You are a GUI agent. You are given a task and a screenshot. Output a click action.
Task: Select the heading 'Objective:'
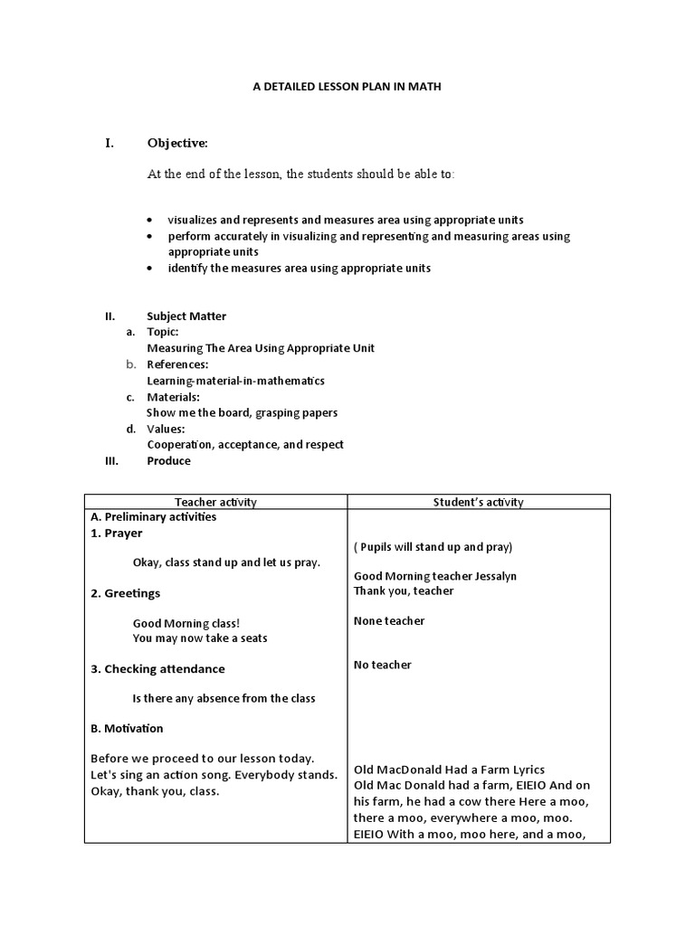coord(177,143)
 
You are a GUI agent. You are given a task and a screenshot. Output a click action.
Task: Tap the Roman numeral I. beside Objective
coord(109,143)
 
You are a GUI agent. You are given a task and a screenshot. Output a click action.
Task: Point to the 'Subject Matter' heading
coord(186,317)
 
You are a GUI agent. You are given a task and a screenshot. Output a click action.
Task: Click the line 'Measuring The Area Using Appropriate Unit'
coord(261,348)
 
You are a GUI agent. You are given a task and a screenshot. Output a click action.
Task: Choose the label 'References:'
coord(177,364)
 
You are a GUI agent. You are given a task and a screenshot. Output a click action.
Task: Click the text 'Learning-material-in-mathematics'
coord(235,381)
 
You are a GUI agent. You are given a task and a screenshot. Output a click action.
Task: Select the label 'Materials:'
coord(174,397)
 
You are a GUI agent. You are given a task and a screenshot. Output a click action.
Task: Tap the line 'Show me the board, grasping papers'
coord(243,413)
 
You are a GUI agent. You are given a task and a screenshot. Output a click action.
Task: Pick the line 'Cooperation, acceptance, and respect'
coord(245,445)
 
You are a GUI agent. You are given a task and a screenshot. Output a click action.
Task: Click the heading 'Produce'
coord(169,461)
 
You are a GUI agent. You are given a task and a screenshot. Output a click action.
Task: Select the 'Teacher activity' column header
coord(216,503)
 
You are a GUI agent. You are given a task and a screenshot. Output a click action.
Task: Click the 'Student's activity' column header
coord(478,503)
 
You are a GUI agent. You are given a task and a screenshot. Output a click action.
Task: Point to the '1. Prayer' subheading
coord(117,534)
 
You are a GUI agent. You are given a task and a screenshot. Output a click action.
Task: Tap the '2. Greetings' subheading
coord(126,593)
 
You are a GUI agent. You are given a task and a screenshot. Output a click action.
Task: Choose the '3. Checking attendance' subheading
coord(158,669)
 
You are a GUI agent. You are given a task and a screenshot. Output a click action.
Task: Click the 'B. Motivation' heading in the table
coord(128,729)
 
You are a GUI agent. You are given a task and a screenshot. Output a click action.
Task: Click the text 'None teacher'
coord(389,621)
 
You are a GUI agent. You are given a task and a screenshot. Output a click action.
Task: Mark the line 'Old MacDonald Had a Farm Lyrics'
coord(449,770)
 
